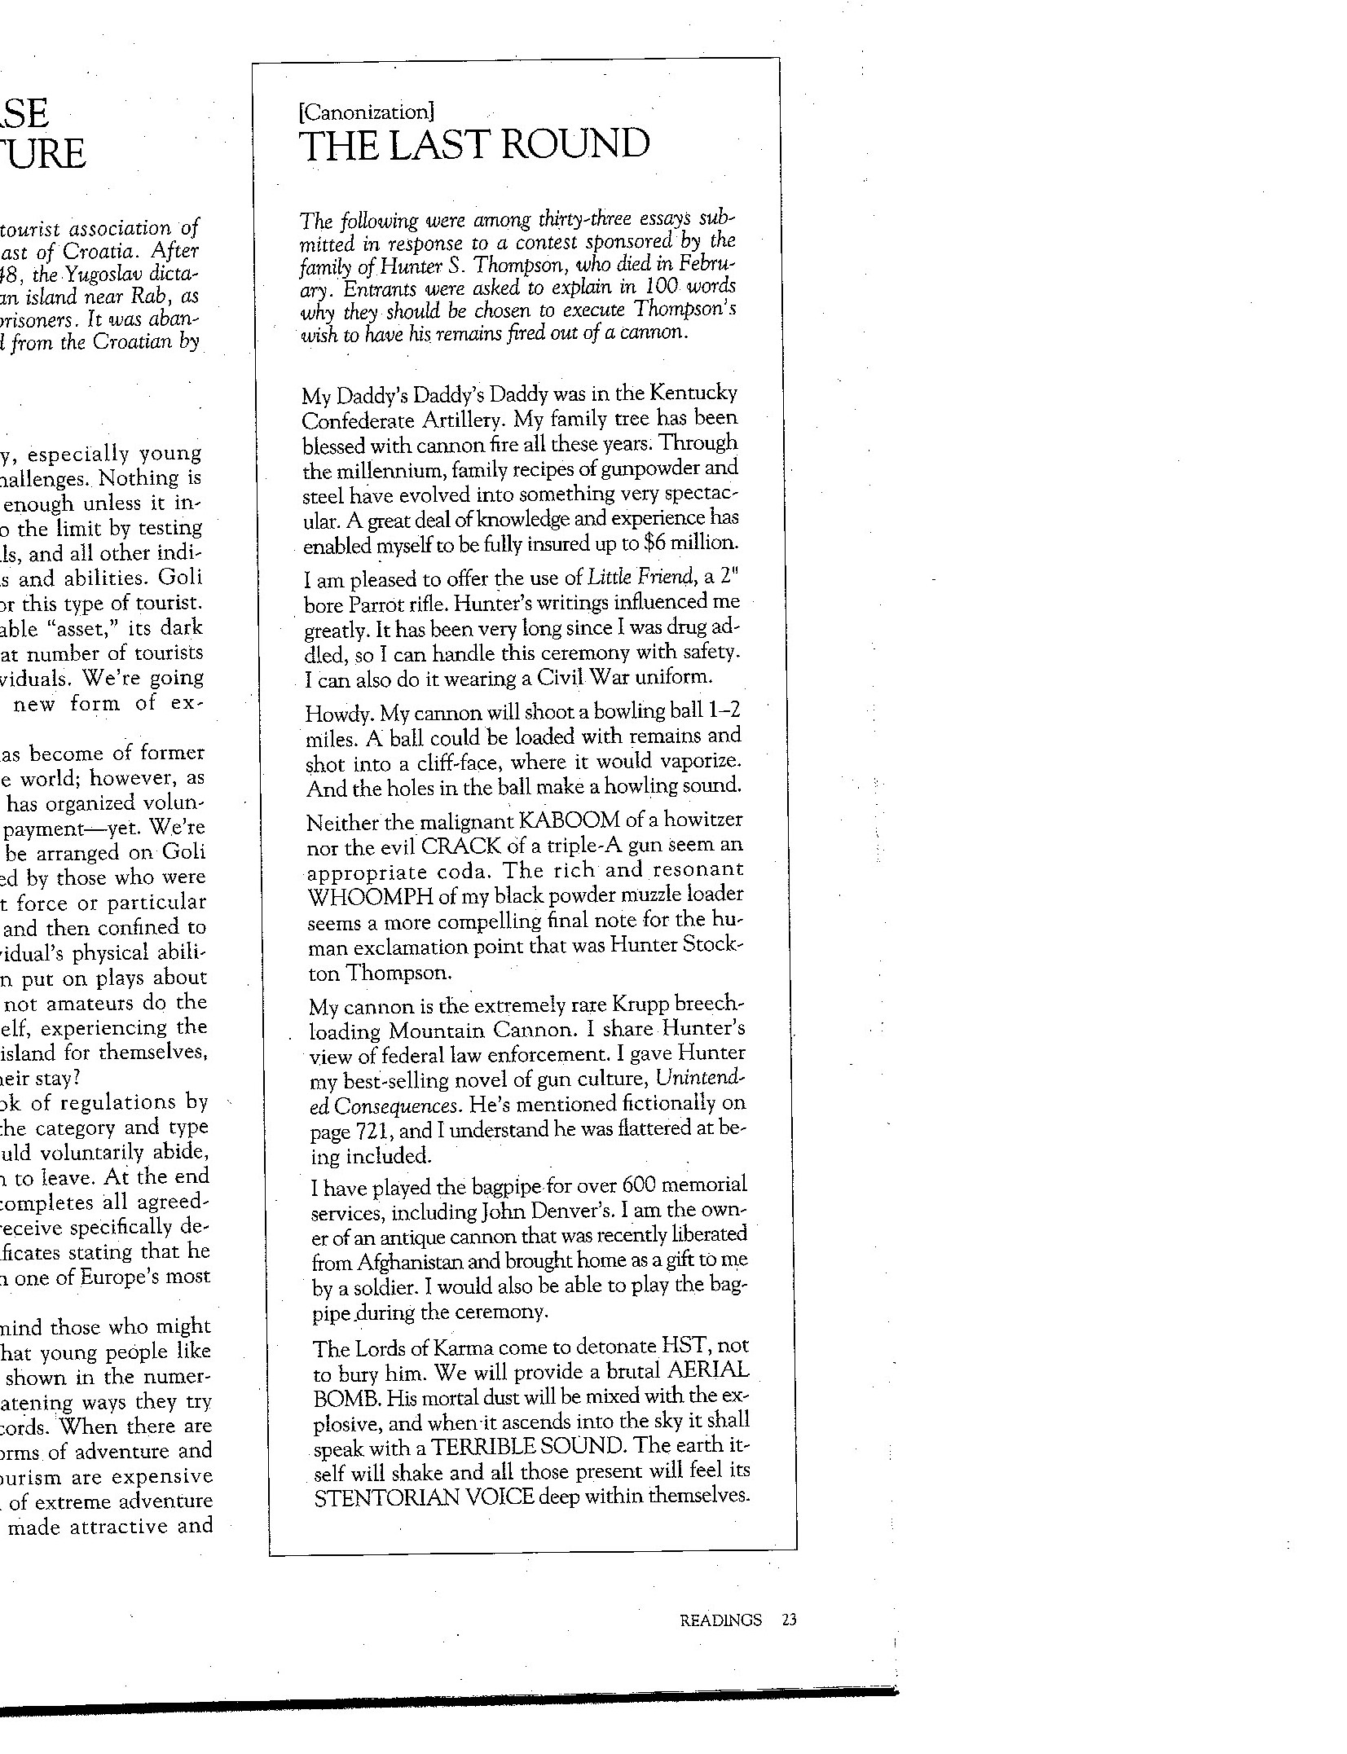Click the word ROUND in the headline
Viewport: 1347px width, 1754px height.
[574, 145]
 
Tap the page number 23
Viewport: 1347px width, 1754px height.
[788, 1620]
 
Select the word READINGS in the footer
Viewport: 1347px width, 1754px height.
[720, 1620]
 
